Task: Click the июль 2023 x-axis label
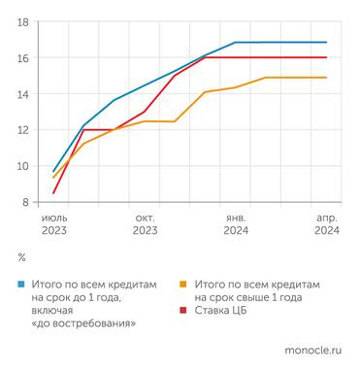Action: tap(54, 224)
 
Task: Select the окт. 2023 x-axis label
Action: tap(145, 224)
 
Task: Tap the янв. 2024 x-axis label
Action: tap(236, 224)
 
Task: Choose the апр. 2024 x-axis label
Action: tap(327, 224)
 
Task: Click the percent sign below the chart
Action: tap(22, 257)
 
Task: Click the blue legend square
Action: tap(22, 283)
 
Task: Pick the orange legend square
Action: tap(185, 283)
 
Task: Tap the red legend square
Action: tap(185, 310)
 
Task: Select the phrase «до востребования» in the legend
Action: tap(83, 323)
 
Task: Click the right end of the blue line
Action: tap(326, 43)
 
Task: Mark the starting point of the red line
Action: tap(53, 193)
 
